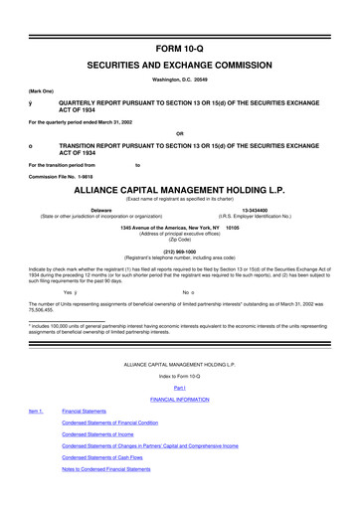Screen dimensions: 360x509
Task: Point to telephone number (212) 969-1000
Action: [180, 251]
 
